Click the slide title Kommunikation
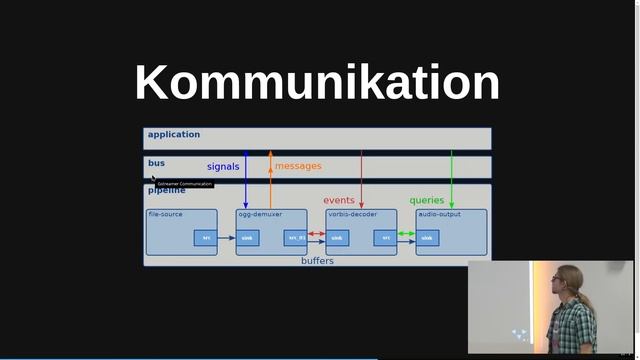coord(317,82)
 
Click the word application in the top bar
coord(174,134)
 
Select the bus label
coord(156,162)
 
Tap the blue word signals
coord(223,166)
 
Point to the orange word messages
coord(298,166)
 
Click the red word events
coord(339,200)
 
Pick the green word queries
coord(427,200)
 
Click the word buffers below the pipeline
coord(317,261)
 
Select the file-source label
coord(165,214)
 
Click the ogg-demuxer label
coord(260,214)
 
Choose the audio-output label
coord(439,214)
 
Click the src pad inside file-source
coord(206,238)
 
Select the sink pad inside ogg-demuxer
coord(247,238)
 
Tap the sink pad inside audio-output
coord(427,238)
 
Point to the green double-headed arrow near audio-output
coord(407,234)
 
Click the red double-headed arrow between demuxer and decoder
coord(317,234)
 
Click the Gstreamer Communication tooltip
coord(184,184)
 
